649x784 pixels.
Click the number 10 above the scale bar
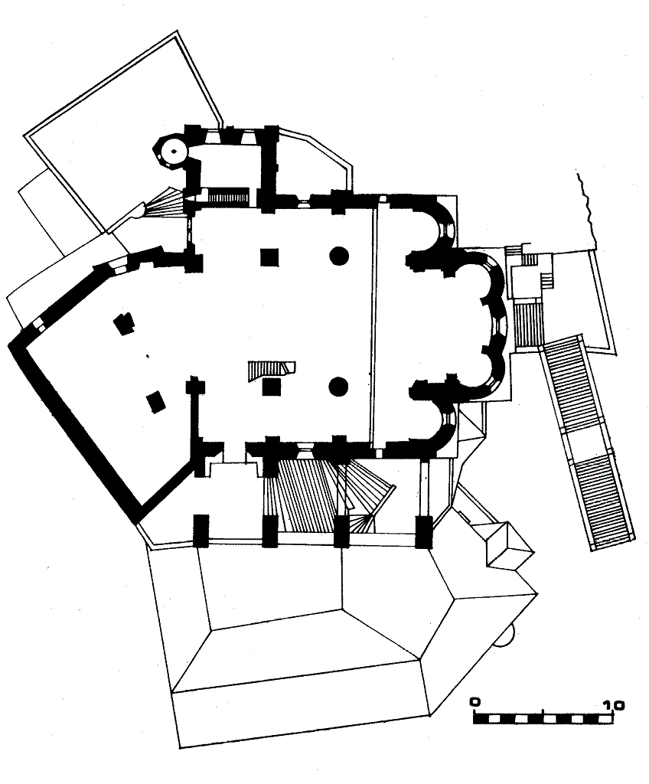613,705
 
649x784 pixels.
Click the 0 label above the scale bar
475,701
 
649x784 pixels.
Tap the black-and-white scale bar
544,718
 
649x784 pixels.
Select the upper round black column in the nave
339,256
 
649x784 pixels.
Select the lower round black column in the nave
338,386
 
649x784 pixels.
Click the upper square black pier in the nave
269,257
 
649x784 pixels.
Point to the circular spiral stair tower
172,151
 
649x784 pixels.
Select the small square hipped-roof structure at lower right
509,546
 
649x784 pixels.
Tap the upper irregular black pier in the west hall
124,323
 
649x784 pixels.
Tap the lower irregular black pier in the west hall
156,403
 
